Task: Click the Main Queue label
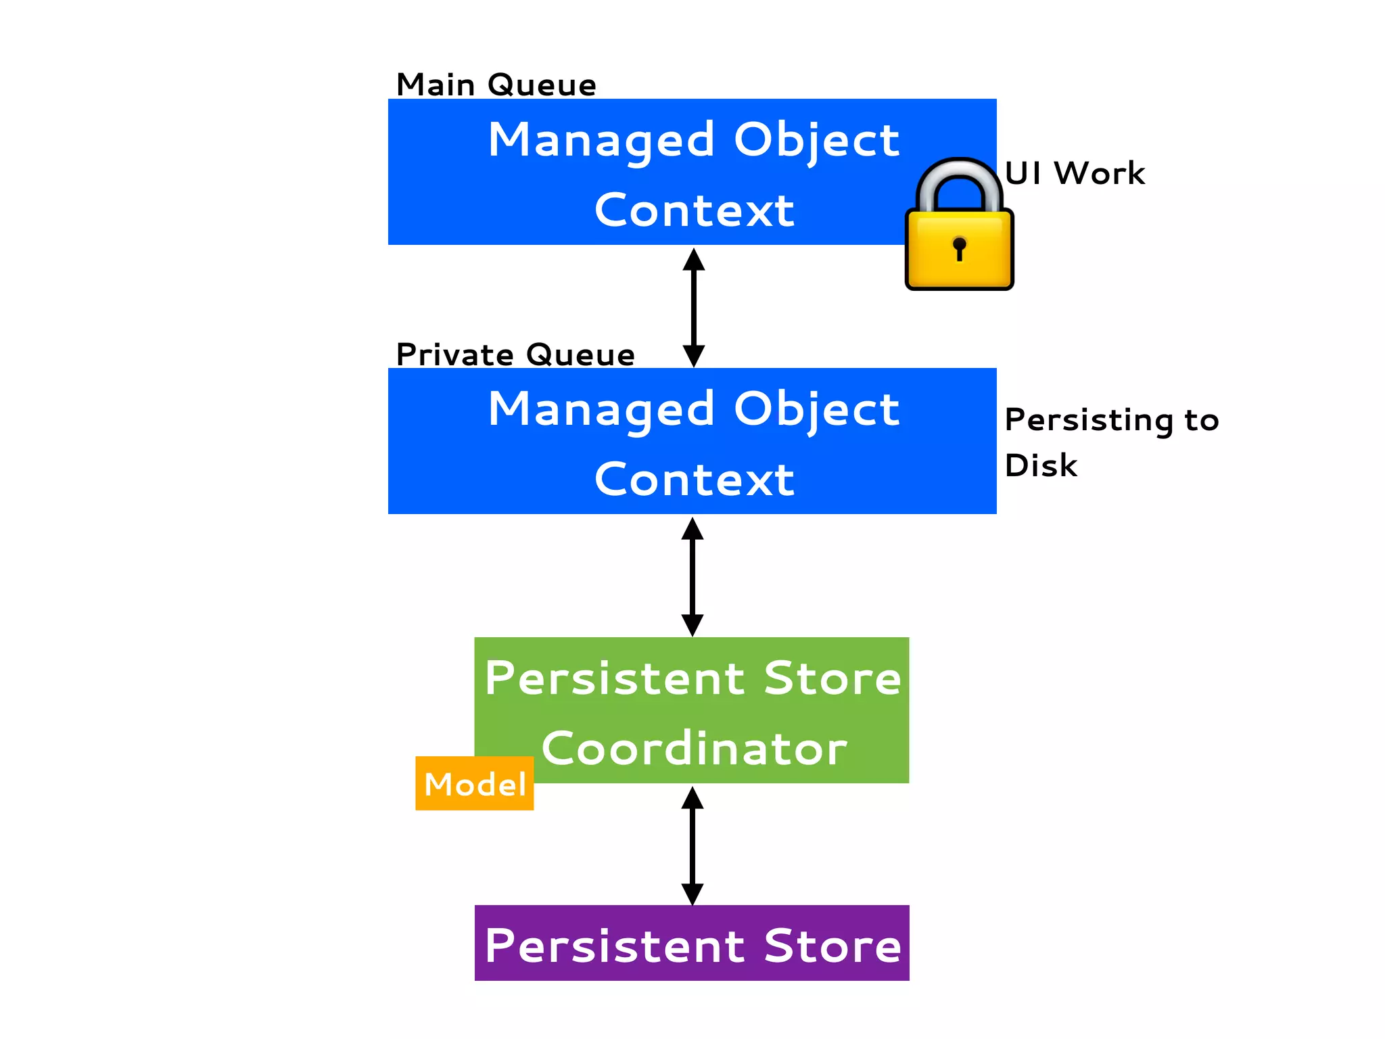pos(496,85)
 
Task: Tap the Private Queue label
pos(515,355)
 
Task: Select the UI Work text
pos(1075,173)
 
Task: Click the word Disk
pos(1041,465)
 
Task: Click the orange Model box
pos(475,784)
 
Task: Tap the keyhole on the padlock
pos(959,248)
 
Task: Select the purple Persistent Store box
pos(692,944)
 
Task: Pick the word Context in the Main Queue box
pos(694,210)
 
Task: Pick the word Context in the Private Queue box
pos(694,480)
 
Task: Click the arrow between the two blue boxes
pos(693,308)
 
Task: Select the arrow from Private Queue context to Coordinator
pos(692,576)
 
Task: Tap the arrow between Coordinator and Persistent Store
pos(692,846)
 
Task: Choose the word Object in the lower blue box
pos(816,410)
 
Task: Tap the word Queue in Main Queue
pos(542,85)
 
